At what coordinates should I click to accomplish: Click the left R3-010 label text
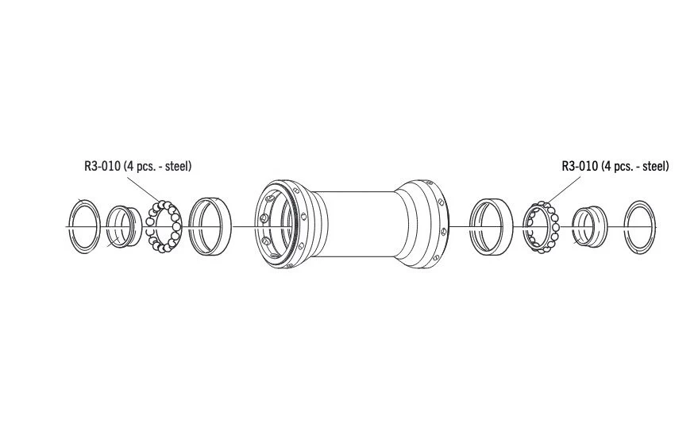point(137,166)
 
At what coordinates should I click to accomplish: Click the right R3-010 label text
point(615,166)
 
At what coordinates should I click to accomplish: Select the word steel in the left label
point(177,166)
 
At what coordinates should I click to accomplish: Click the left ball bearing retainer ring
point(176,226)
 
